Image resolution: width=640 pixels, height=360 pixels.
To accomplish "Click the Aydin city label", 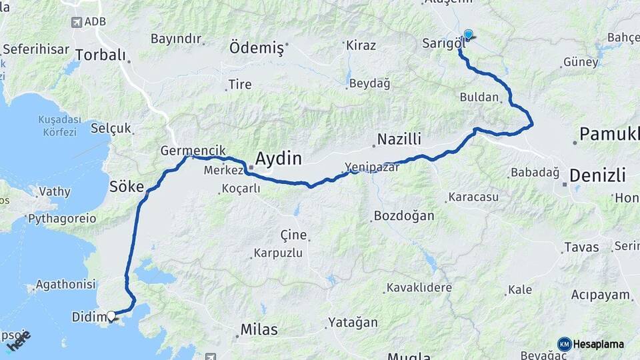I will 279,159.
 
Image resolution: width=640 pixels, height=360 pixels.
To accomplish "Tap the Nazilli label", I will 399,139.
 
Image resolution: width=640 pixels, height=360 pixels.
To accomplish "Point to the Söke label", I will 127,186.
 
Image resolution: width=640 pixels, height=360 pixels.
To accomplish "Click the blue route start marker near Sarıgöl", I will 468,35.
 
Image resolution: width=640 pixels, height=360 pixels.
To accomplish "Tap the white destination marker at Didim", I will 111,316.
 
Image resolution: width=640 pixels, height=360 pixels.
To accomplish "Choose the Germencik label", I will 193,151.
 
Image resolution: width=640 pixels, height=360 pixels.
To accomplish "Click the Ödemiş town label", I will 257,47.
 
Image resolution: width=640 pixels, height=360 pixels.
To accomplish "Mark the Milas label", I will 259,330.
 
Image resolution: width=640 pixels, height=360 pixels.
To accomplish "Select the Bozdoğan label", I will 404,216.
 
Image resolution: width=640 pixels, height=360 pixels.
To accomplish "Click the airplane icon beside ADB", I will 77,22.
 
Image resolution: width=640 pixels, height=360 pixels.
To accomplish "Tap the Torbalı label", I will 100,55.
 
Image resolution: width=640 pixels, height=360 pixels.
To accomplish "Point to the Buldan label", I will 479,97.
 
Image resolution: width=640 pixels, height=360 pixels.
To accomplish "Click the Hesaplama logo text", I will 598,344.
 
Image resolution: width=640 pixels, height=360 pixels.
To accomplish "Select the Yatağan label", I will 352,323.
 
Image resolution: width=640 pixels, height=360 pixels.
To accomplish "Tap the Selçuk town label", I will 111,128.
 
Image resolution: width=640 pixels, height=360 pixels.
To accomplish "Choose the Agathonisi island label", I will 65,285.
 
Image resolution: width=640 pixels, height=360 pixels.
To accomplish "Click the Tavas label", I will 581,247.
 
